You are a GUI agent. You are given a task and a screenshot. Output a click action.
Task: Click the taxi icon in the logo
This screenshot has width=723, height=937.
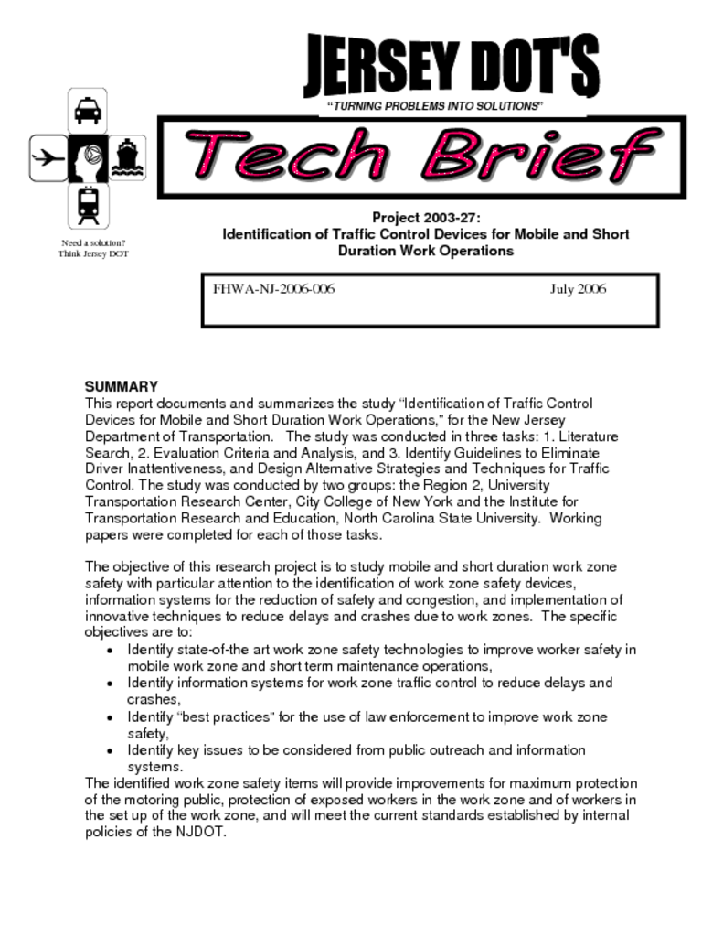coord(88,111)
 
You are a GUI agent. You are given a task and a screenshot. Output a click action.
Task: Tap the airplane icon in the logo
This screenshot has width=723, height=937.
coord(47,157)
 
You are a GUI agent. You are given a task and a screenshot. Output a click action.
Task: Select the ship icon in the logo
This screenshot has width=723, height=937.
coord(126,158)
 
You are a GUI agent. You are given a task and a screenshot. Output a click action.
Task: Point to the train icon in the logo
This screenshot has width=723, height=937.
coord(88,205)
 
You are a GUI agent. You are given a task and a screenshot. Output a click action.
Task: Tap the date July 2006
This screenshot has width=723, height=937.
coord(578,289)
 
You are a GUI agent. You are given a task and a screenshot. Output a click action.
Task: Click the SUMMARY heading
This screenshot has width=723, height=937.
coord(122,386)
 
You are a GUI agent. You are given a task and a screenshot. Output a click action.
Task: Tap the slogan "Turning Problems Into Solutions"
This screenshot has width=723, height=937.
coord(435,106)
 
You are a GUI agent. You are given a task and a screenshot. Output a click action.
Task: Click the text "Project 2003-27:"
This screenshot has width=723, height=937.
coord(426,217)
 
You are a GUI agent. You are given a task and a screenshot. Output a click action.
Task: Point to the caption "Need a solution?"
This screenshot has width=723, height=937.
coord(93,242)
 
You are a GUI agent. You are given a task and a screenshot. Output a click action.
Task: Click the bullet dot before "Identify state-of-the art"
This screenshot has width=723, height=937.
coord(110,650)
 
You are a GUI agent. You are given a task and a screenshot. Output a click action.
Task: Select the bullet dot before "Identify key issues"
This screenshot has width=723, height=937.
coord(110,750)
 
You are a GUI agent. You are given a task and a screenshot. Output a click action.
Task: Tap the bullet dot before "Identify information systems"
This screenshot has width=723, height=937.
coord(110,684)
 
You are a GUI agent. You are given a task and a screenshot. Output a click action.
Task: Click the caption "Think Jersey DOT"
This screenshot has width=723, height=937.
coord(93,253)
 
